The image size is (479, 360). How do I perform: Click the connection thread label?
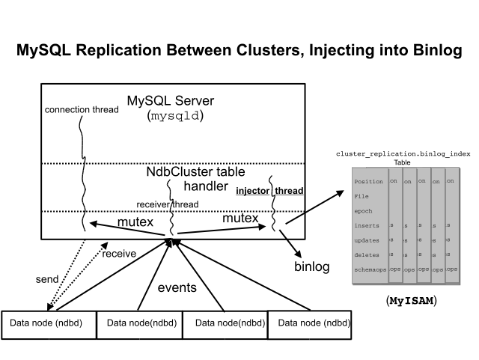(82, 109)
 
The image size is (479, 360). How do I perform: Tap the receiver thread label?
(167, 204)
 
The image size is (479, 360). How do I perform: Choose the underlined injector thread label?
(269, 191)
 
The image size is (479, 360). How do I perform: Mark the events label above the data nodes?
(177, 287)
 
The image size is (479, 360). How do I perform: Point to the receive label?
(119, 253)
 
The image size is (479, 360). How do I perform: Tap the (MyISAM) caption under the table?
(411, 301)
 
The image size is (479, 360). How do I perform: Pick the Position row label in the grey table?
(367, 181)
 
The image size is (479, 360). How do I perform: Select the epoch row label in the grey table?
(363, 210)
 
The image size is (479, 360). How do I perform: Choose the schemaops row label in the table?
(370, 269)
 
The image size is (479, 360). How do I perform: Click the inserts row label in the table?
(366, 225)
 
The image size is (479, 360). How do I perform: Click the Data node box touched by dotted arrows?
(46, 323)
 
